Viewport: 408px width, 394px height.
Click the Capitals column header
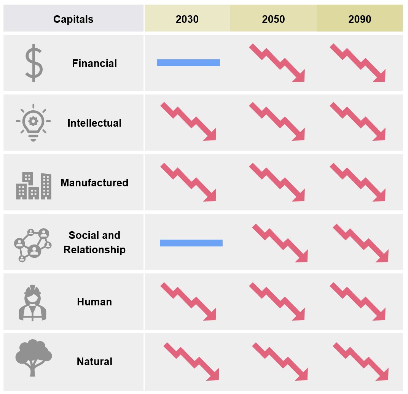[x=73, y=19]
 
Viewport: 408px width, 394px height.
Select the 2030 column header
[x=187, y=19]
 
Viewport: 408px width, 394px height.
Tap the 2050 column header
[x=273, y=19]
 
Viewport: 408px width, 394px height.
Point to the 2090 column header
[x=360, y=19]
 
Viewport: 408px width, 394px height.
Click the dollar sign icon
[x=34, y=63]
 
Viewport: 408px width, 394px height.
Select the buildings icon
[x=33, y=186]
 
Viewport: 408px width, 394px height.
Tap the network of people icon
[x=33, y=245]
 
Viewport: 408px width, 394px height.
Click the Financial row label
[x=94, y=63]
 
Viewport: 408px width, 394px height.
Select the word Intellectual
[x=94, y=123]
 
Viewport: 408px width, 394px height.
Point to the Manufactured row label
[x=94, y=183]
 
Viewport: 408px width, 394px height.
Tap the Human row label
[x=94, y=302]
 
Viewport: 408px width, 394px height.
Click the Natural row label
[x=94, y=361]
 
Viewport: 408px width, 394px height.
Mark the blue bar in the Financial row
[x=188, y=63]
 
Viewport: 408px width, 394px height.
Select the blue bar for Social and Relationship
[x=191, y=243]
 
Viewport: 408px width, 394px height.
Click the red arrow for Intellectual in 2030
[x=189, y=122]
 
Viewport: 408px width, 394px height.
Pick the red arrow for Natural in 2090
[x=361, y=362]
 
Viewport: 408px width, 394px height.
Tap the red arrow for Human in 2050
[x=277, y=302]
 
